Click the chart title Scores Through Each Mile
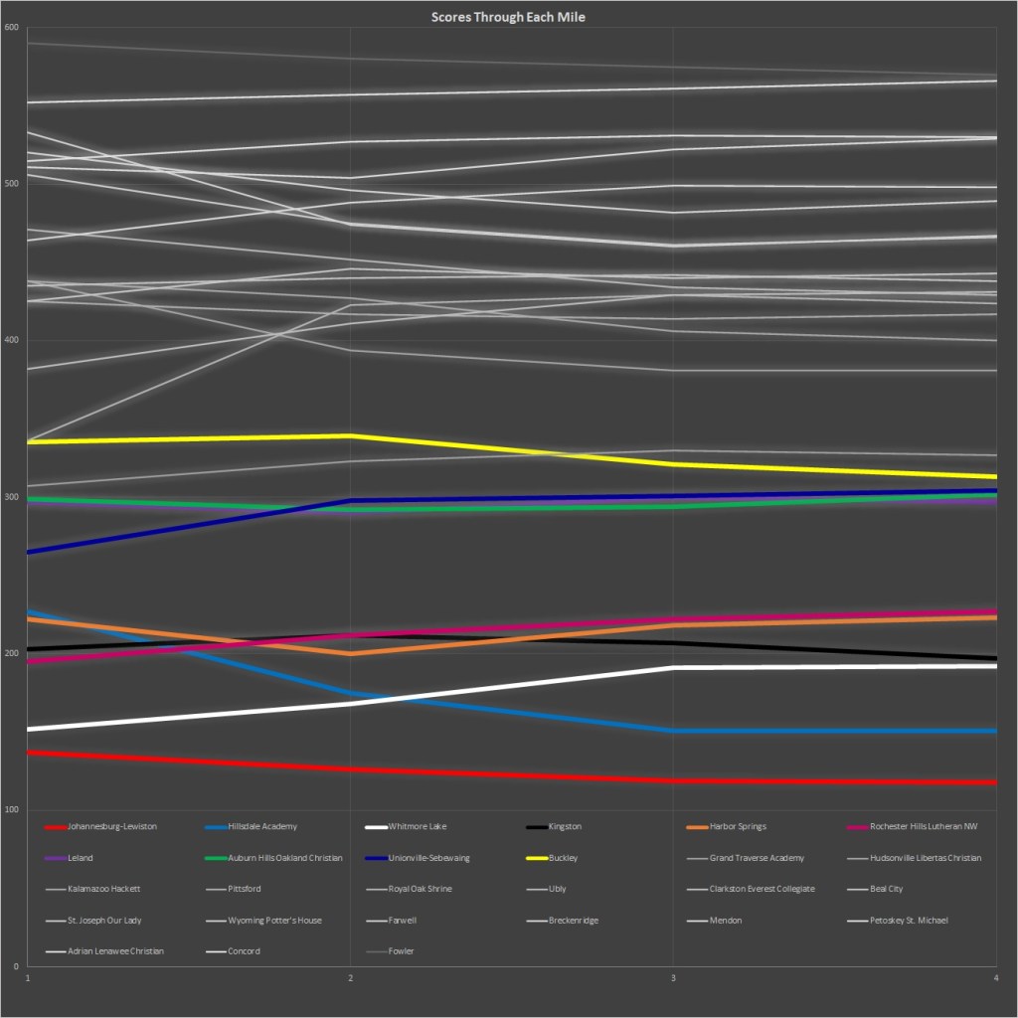pyautogui.click(x=508, y=17)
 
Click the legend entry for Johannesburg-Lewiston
pyautogui.click(x=112, y=826)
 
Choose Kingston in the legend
pyautogui.click(x=565, y=826)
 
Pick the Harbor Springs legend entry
pyautogui.click(x=737, y=826)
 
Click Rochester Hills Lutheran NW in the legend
pyautogui.click(x=924, y=826)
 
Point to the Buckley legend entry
pyautogui.click(x=563, y=858)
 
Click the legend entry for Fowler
pyautogui.click(x=401, y=951)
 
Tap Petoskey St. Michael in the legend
pyautogui.click(x=909, y=921)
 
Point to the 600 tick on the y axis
pyautogui.click(x=12, y=28)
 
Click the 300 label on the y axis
pyautogui.click(x=12, y=497)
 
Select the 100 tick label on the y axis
pyautogui.click(x=12, y=810)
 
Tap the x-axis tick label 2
pyautogui.click(x=350, y=979)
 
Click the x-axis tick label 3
pyautogui.click(x=674, y=979)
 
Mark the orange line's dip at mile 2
pyautogui.click(x=350, y=654)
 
